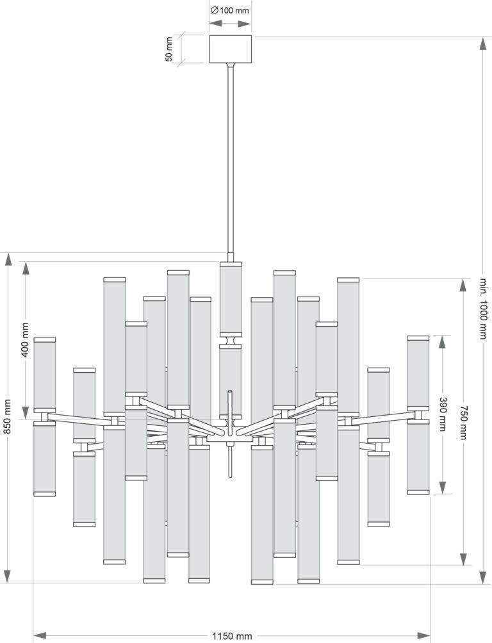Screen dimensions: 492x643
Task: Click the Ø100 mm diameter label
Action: pyautogui.click(x=230, y=10)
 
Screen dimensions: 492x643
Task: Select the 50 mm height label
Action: pyautogui.click(x=168, y=49)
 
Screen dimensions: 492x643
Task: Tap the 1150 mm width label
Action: pyautogui.click(x=232, y=636)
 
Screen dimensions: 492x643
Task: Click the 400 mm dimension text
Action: pyautogui.click(x=26, y=340)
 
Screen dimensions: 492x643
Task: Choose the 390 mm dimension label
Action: pyautogui.click(x=442, y=414)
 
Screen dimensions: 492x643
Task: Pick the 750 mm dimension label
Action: pyautogui.click(x=463, y=423)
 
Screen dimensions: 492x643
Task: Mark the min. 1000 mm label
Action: pyautogui.click(x=483, y=309)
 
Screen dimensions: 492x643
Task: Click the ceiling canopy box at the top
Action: pyautogui.click(x=230, y=49)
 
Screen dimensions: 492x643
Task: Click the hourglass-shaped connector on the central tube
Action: pyautogui.click(x=230, y=340)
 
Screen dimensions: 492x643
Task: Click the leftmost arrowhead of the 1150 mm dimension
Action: pyautogui.click(x=39, y=636)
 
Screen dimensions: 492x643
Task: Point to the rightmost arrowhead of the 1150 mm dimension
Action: pyautogui.click(x=424, y=636)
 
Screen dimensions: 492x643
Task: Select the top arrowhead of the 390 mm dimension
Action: pyautogui.click(x=442, y=342)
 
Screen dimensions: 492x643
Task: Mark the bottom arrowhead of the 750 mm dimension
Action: pyautogui.click(x=463, y=559)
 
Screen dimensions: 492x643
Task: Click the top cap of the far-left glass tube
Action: pyautogui.click(x=45, y=340)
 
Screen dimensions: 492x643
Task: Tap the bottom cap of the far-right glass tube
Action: pyautogui.click(x=418, y=492)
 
